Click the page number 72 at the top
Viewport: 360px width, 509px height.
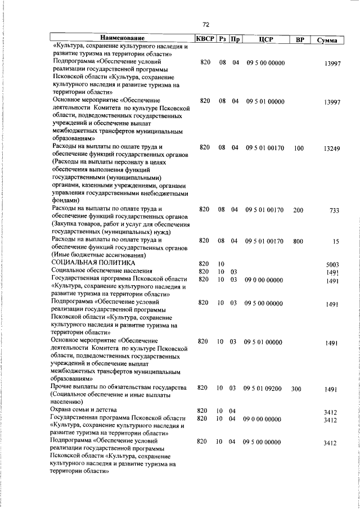coord(205,25)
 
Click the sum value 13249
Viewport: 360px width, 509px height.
coord(330,149)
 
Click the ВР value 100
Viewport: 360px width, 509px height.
coord(298,148)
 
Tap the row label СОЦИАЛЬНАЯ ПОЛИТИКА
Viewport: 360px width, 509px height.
coord(93,263)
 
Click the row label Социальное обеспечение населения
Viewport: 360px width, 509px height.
coord(98,271)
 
